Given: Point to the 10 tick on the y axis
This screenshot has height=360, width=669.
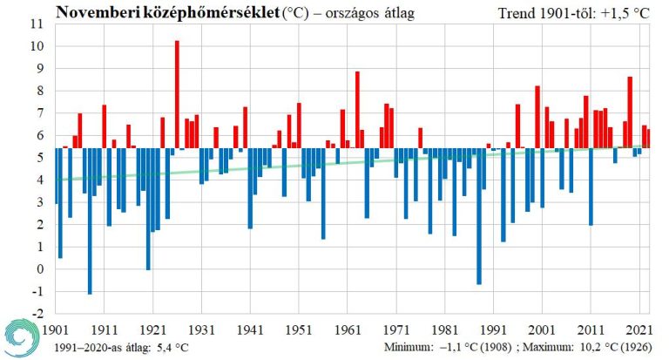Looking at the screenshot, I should click(37, 46).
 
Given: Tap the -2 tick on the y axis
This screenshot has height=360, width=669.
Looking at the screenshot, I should click(37, 313).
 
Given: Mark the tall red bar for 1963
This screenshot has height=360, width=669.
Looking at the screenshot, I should click(357, 109).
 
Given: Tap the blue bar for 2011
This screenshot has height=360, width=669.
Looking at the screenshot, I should click(591, 187).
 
